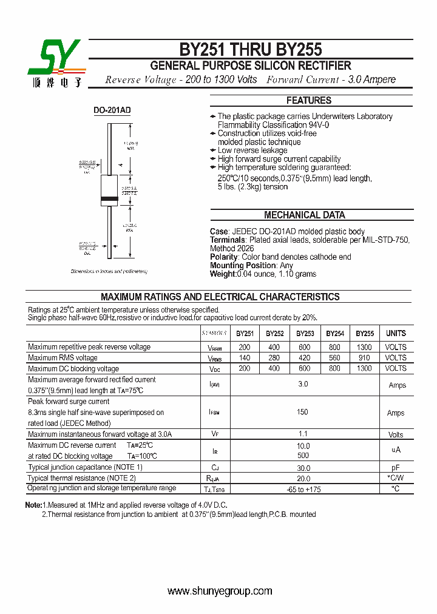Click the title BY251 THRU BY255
point(250,49)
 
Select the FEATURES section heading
point(309,101)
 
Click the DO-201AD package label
point(112,110)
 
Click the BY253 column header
point(305,334)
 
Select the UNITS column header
point(396,334)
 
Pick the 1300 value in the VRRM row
point(365,348)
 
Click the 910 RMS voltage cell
point(365,358)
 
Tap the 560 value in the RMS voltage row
point(334,358)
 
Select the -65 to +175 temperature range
point(303,489)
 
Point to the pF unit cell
point(396,468)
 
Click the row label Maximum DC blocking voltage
point(73,369)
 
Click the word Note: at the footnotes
point(33,505)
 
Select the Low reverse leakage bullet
point(252,150)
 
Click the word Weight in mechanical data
point(222,274)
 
